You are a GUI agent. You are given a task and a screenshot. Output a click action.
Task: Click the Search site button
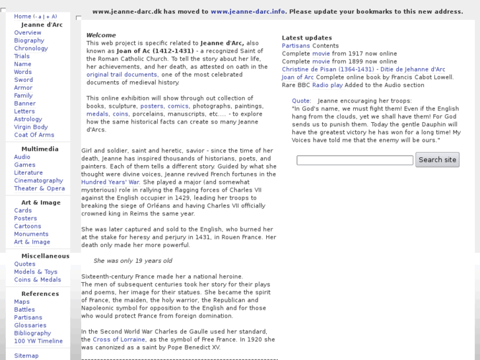coord(437,159)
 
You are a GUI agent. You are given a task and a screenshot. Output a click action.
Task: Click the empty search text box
coord(355,160)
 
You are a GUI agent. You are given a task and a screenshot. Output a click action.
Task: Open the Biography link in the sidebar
coord(29,40)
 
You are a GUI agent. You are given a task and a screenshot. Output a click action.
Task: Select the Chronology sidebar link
coord(31,48)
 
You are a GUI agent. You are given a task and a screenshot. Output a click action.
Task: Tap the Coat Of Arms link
coord(34,135)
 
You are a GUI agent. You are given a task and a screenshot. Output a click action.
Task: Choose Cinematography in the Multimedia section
coord(38,180)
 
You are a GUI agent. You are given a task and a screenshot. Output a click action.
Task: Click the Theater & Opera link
coord(40,188)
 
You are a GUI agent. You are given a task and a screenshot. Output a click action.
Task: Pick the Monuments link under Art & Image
coord(31,234)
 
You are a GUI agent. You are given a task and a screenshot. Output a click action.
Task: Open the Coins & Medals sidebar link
coord(38,279)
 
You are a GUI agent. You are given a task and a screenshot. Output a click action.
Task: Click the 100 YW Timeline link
coord(38,341)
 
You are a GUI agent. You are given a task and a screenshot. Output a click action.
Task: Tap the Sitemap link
coord(26,355)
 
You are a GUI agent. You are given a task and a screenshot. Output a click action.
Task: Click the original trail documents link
coord(121,75)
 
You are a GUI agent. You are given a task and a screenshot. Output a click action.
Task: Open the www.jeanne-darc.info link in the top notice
coord(248,11)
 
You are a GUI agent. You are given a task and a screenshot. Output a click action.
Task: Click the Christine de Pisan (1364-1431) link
coord(327,69)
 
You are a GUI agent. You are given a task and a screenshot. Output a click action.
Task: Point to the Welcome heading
coord(101,35)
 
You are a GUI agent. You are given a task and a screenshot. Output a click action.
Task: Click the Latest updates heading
coord(307,38)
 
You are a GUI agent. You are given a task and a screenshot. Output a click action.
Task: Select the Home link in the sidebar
coord(22,17)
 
